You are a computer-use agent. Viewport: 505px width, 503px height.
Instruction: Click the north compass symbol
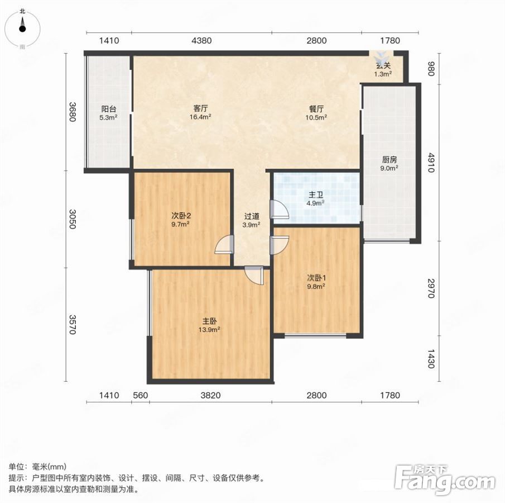[x=22, y=28]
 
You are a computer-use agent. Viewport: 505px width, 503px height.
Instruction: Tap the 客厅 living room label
[x=200, y=109]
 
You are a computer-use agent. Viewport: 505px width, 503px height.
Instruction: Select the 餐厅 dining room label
[x=316, y=109]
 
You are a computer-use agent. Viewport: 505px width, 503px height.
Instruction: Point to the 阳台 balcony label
[x=109, y=109]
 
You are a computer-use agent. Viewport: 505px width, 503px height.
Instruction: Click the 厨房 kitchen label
[x=389, y=159]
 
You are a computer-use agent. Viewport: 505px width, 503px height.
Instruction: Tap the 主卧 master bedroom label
[x=209, y=321]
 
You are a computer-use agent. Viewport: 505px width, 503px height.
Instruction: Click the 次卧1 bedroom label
[x=316, y=278]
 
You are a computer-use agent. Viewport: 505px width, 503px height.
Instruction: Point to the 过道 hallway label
[x=252, y=216]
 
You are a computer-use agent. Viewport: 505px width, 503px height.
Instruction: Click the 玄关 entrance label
[x=383, y=65]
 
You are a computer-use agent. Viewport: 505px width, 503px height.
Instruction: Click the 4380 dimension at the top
[x=201, y=41]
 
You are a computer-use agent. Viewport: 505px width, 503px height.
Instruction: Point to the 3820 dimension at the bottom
[x=210, y=395]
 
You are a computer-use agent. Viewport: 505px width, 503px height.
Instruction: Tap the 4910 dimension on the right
[x=431, y=163]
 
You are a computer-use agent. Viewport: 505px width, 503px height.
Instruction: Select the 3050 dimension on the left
[x=73, y=219]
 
